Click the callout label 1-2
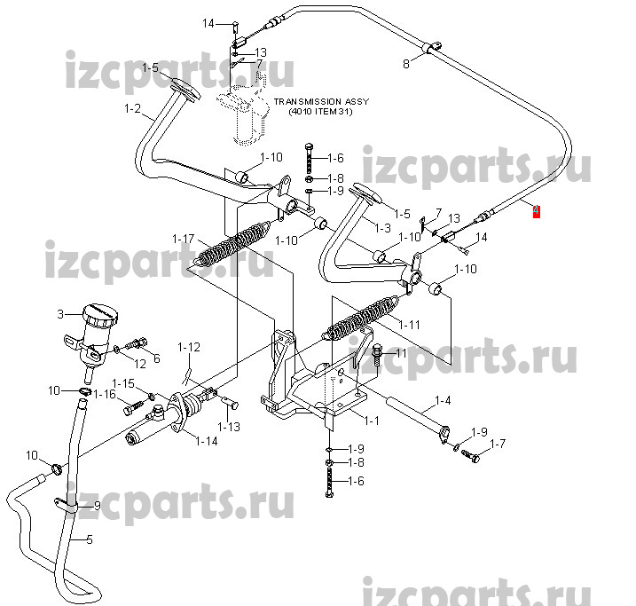[x=132, y=110]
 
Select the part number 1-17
[x=184, y=239]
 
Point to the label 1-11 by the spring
[x=409, y=324]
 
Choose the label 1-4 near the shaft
[x=441, y=401]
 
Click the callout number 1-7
[x=498, y=443]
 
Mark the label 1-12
[x=189, y=346]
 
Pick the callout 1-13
[x=230, y=427]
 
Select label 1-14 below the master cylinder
[x=207, y=440]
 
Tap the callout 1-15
[x=122, y=383]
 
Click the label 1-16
[x=105, y=394]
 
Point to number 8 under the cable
[x=406, y=64]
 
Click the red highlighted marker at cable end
[x=537, y=211]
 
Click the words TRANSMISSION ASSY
[x=320, y=102]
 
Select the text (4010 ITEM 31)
[x=320, y=112]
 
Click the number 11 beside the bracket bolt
[x=399, y=353]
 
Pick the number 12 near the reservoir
[x=141, y=364]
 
